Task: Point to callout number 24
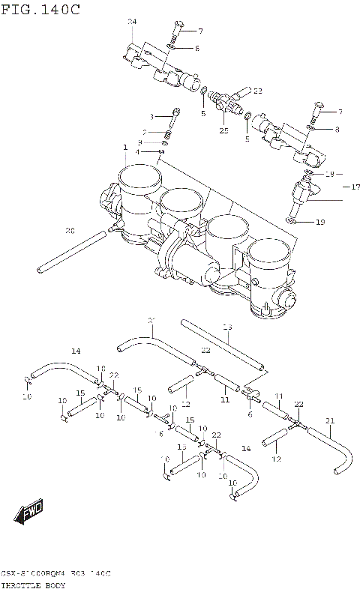tap(132, 22)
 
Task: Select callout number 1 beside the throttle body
tap(125, 147)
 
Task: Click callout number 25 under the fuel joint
tap(223, 130)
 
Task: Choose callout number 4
tap(138, 152)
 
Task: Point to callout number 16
tap(159, 433)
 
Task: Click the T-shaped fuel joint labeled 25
tap(226, 102)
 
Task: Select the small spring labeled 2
tap(169, 133)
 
